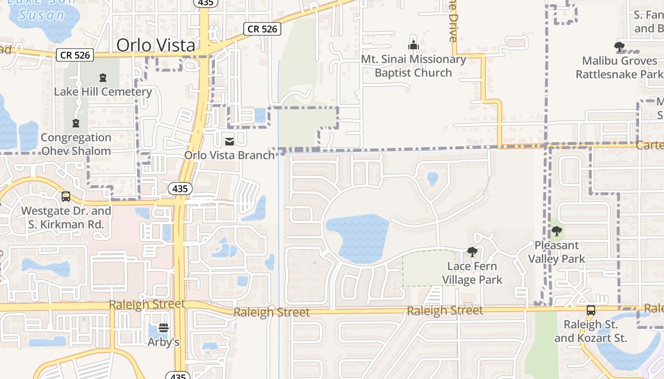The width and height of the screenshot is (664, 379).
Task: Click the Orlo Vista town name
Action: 156,45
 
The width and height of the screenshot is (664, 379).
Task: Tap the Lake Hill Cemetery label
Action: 103,92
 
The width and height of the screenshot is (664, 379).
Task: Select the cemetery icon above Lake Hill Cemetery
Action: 103,78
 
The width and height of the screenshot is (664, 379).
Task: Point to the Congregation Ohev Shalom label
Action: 76,144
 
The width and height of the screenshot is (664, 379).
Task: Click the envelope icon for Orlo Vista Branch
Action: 230,141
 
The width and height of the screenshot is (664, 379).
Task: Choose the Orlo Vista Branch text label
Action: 230,155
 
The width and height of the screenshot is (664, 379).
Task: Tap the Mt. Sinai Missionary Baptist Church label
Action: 414,66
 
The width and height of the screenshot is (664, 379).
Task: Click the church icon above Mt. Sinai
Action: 414,45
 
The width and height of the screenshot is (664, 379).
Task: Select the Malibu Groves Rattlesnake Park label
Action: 619,68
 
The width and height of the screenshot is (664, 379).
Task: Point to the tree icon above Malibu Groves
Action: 619,46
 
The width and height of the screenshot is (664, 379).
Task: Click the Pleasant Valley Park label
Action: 557,252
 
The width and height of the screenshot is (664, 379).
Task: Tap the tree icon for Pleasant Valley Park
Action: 557,232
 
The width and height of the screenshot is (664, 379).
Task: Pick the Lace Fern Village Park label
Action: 472,273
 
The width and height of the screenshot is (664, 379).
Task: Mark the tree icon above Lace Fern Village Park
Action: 472,252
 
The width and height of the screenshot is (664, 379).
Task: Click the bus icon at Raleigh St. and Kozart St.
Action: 591,310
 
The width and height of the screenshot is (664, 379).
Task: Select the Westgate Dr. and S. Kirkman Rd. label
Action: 66,217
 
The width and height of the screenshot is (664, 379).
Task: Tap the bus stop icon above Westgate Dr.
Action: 66,196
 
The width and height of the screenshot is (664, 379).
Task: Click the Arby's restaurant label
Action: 164,342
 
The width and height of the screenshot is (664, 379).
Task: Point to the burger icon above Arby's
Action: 164,328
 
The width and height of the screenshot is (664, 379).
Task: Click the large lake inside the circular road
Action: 358,237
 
